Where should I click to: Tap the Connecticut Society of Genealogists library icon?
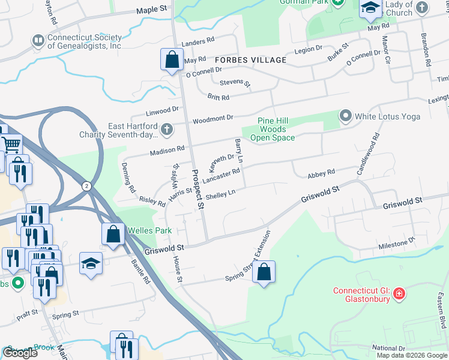[x=37, y=41]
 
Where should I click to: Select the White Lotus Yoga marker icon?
[x=345, y=115]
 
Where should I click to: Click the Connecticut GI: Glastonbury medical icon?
[x=400, y=294]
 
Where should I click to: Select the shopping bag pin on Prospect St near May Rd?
[x=172, y=59]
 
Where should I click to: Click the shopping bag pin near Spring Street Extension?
[x=264, y=272]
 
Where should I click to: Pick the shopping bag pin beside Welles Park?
[x=113, y=235]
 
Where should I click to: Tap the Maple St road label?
[x=151, y=10]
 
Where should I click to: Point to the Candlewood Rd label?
[x=369, y=154]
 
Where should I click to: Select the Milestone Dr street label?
[x=396, y=244]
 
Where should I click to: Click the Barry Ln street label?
[x=239, y=151]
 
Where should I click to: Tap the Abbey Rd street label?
[x=321, y=173]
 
